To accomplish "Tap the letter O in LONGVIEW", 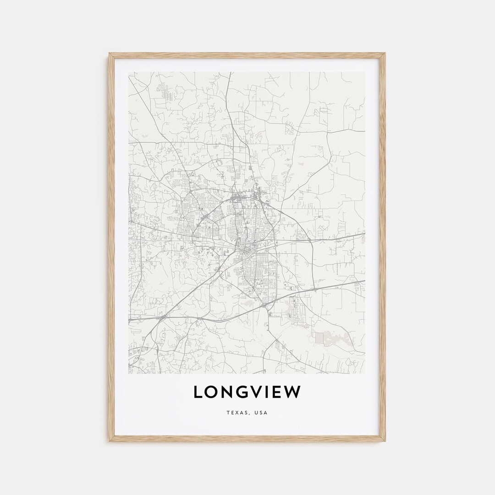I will point(213,392).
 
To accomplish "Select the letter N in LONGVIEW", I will point(229,392).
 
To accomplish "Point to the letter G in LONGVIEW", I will point(245,392).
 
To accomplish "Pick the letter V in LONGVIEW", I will point(260,392).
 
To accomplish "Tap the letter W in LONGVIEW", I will point(294,392).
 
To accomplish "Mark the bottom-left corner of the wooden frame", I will point(110,441).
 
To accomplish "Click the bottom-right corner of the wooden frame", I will point(385,441).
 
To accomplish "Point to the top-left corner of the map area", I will point(129,72).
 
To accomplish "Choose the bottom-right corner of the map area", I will point(365,374).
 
